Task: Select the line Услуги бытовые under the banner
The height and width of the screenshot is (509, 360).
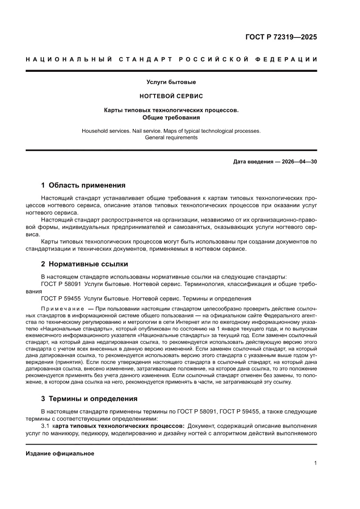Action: [x=171, y=82]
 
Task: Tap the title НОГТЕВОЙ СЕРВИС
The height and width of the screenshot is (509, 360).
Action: [x=171, y=95]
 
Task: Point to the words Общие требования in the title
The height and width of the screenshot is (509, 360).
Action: [x=171, y=118]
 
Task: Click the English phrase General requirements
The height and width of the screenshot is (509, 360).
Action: [x=171, y=138]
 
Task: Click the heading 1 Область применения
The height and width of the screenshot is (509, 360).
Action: [x=83, y=185]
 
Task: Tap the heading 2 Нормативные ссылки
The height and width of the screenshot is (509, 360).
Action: [x=84, y=264]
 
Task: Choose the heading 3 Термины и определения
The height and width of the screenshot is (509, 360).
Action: [x=89, y=398]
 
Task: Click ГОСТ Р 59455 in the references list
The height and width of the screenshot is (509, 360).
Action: [x=61, y=299]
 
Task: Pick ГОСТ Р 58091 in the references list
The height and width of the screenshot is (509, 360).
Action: [x=61, y=284]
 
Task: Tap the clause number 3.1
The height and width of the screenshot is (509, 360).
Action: [x=45, y=425]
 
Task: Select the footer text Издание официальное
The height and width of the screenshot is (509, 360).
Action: [x=60, y=453]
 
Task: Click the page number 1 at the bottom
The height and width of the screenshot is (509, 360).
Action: [x=315, y=463]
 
